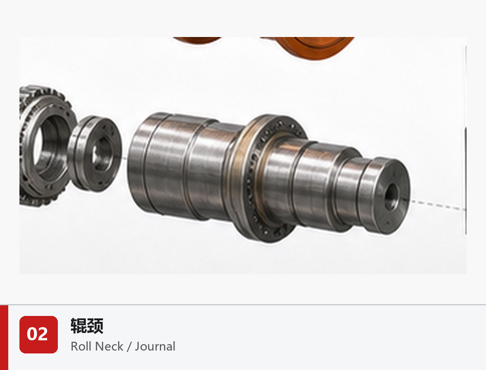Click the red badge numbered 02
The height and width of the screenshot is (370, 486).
pyautogui.click(x=38, y=334)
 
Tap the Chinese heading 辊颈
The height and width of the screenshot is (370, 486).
pyautogui.click(x=87, y=326)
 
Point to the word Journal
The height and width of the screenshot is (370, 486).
pyautogui.click(x=155, y=347)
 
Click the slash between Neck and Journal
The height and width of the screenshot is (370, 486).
pyautogui.click(x=129, y=347)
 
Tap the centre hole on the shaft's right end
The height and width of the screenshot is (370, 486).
pyautogui.click(x=392, y=196)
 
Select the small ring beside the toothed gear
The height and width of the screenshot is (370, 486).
pyautogui.click(x=95, y=153)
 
